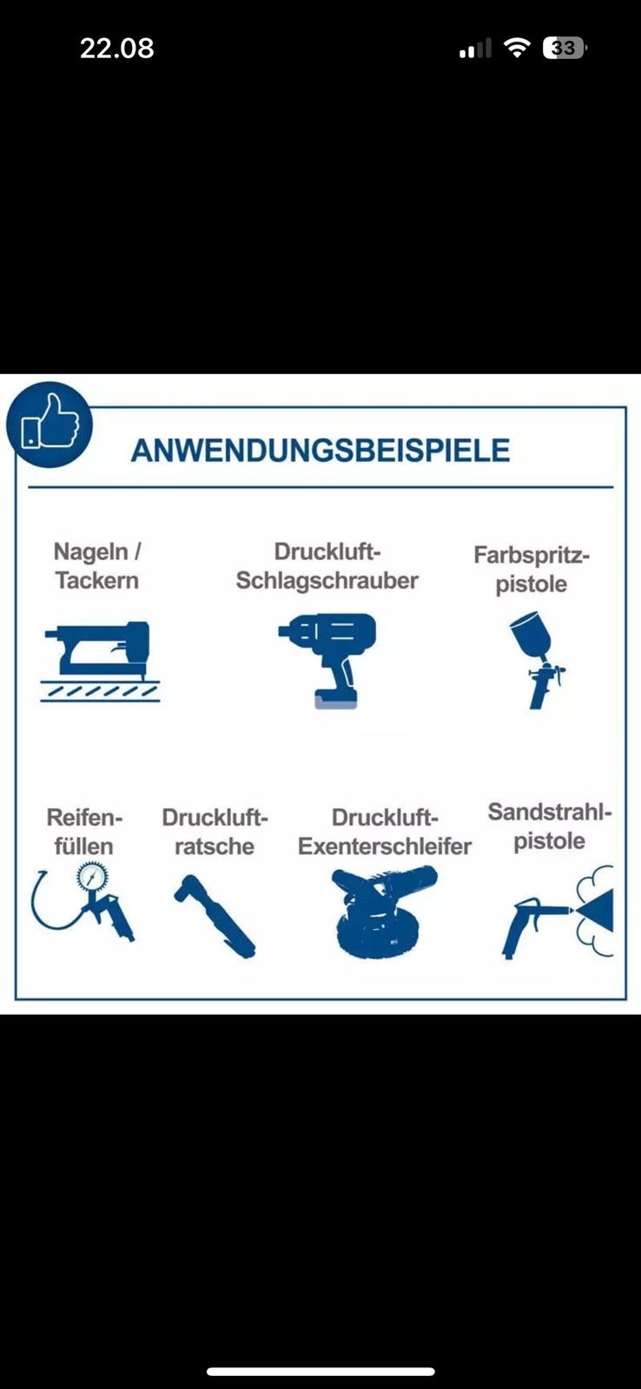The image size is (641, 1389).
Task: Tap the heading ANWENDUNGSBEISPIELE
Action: click(320, 451)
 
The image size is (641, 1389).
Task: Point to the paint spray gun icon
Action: click(536, 660)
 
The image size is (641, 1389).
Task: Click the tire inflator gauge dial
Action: click(92, 879)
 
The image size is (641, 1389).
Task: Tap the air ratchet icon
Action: click(214, 916)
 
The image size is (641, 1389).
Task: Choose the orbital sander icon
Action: click(384, 912)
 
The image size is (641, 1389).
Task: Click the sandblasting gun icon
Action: click(558, 912)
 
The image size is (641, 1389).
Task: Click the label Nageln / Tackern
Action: click(96, 565)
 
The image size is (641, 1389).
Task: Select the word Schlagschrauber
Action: click(327, 581)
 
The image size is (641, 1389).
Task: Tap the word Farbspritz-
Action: click(532, 555)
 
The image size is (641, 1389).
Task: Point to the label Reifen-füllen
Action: click(84, 832)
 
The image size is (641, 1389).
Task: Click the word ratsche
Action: click(214, 846)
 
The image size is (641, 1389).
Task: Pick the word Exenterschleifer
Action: click(385, 846)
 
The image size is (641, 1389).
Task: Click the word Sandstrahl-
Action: click(550, 812)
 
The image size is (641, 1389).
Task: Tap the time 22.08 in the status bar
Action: click(116, 49)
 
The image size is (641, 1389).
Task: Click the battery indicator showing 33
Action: click(565, 48)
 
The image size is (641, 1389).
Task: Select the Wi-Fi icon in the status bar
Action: click(517, 47)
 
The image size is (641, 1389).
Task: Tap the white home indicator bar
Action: click(320, 1372)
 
